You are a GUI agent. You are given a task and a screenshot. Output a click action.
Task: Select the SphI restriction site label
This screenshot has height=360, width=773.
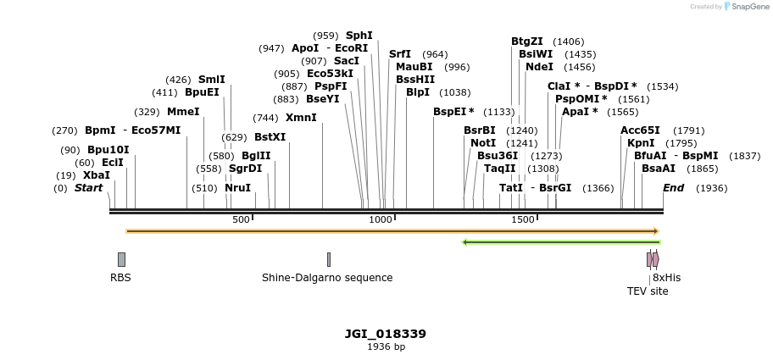tap(359, 36)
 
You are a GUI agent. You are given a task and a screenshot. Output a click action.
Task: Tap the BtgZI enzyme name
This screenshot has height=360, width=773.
tap(526, 42)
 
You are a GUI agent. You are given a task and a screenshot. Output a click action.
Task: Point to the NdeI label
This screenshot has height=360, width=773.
tap(539, 67)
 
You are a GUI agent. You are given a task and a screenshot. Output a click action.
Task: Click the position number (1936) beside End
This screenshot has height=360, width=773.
tap(711, 188)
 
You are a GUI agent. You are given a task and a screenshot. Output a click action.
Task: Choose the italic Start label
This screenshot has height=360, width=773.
tap(88, 188)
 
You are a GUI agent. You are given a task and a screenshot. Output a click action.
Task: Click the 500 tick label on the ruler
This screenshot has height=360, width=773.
tap(241, 220)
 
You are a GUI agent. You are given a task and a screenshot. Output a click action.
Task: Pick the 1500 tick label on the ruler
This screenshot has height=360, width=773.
tap(523, 220)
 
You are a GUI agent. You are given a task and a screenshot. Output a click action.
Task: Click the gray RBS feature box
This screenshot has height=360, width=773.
tap(121, 259)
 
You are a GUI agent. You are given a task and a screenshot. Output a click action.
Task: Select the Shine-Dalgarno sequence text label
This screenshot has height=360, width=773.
tap(327, 278)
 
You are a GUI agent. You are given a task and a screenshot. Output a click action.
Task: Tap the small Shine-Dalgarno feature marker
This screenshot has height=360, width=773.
tap(329, 259)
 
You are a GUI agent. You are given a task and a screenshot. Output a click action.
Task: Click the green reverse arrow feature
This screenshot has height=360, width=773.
tap(560, 242)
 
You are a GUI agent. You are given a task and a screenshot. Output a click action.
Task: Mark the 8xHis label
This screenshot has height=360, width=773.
tap(666, 278)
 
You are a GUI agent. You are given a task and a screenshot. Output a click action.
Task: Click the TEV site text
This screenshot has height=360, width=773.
tap(648, 291)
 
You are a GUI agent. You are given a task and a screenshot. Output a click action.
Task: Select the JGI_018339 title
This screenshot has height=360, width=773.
tap(386, 334)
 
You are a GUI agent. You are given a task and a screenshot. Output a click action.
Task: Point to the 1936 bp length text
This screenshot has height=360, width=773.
tap(386, 347)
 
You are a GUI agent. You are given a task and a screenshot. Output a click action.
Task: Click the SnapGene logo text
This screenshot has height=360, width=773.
tap(748, 7)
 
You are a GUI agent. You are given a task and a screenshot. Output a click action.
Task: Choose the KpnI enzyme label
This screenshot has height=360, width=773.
tap(641, 143)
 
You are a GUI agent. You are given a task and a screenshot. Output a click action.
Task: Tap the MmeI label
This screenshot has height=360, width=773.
tap(183, 112)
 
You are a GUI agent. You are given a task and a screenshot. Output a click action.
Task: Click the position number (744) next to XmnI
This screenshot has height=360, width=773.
tap(265, 118)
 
